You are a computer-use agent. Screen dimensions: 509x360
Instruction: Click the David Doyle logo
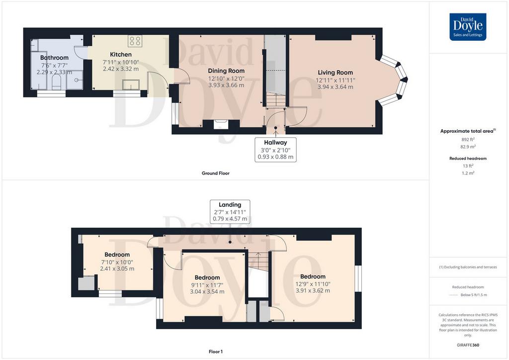[468, 27]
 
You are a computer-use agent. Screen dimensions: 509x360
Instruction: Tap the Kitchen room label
[121, 55]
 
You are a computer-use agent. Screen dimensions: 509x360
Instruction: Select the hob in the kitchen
[135, 41]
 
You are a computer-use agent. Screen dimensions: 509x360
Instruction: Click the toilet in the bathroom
[57, 83]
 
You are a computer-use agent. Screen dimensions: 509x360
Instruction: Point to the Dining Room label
[226, 71]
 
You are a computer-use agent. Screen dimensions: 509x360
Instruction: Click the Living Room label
[336, 73]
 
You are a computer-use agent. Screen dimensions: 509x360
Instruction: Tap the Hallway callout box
[275, 150]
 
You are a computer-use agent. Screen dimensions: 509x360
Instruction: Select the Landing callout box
[230, 212]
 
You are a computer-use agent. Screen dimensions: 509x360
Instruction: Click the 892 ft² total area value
[468, 139]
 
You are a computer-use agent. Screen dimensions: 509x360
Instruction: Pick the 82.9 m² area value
[468, 147]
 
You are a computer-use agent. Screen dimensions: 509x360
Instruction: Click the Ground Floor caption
[216, 174]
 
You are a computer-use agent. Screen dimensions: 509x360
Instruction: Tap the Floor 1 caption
[216, 352]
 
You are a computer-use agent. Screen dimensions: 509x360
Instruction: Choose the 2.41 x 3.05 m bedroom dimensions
[117, 269]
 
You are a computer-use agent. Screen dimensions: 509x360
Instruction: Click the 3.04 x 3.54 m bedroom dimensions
[207, 291]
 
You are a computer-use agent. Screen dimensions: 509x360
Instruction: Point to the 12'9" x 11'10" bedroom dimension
[313, 284]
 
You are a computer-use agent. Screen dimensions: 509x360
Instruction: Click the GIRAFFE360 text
[468, 345]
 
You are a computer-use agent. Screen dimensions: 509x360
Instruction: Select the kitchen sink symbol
[131, 85]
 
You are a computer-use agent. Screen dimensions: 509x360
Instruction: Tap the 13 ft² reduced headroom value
[468, 166]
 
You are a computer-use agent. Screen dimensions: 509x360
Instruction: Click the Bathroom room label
[54, 58]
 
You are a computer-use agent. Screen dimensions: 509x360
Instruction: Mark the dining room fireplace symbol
[221, 124]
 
